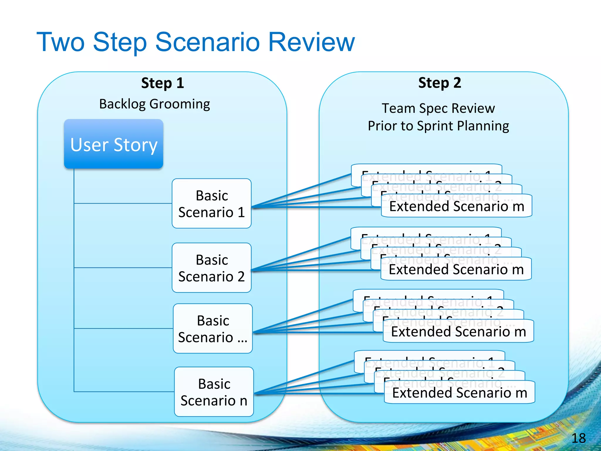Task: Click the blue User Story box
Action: tap(114, 144)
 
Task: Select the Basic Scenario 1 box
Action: tap(212, 203)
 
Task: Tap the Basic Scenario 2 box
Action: tap(212, 268)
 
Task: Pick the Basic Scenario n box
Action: tap(214, 392)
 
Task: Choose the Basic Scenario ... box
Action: tap(213, 329)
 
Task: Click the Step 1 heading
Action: tap(163, 83)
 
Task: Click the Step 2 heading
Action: tap(440, 83)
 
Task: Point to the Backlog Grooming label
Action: tap(155, 104)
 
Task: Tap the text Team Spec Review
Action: tap(438, 108)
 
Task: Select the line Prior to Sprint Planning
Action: tap(438, 126)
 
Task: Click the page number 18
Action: tap(578, 438)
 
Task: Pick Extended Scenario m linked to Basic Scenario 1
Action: tap(457, 206)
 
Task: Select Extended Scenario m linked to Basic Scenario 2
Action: tap(456, 269)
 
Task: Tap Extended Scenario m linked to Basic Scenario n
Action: tap(460, 393)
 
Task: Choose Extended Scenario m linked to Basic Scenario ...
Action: tap(458, 331)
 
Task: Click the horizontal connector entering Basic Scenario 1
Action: tap(123, 203)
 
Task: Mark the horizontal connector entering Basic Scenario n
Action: tap(123, 391)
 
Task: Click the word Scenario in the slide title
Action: tap(207, 42)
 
